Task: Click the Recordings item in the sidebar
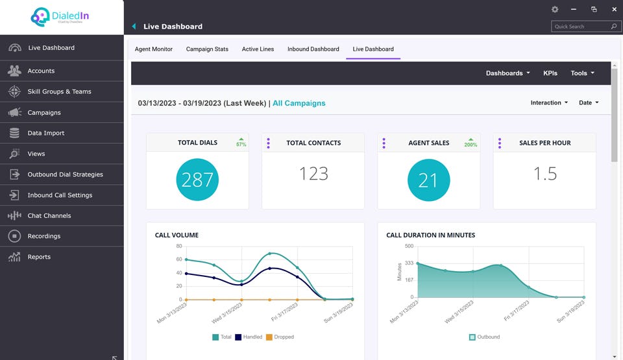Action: point(43,236)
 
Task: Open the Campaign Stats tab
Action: point(207,49)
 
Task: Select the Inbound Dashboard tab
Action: point(313,49)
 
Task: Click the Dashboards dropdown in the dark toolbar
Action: point(507,73)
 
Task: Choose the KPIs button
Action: point(550,73)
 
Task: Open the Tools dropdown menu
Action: point(582,73)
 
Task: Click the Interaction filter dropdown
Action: point(549,102)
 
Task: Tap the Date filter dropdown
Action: point(589,102)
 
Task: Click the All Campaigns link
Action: point(299,103)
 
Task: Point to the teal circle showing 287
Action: point(197,180)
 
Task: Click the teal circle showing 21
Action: point(428,180)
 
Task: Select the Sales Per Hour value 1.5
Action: point(544,174)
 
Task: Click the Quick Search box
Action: point(581,27)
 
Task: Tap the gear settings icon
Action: point(555,10)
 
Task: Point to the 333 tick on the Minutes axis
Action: point(409,263)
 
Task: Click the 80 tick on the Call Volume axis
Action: point(178,246)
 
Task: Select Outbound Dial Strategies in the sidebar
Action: point(65,174)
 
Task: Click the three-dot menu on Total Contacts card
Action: point(268,143)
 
